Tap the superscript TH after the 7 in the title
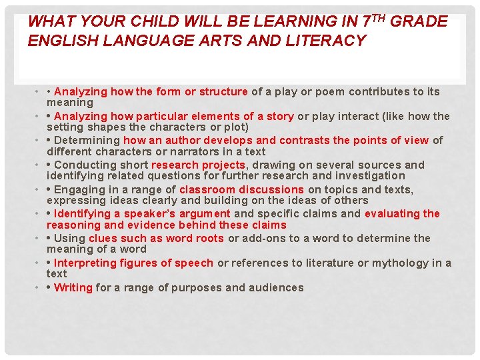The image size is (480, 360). tap(379, 18)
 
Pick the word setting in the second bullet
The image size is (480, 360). tap(65, 127)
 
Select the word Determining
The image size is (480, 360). tap(87, 140)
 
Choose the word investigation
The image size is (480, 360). tap(372, 175)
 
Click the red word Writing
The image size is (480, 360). tap(73, 287)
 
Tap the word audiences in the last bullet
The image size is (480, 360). tap(276, 287)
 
